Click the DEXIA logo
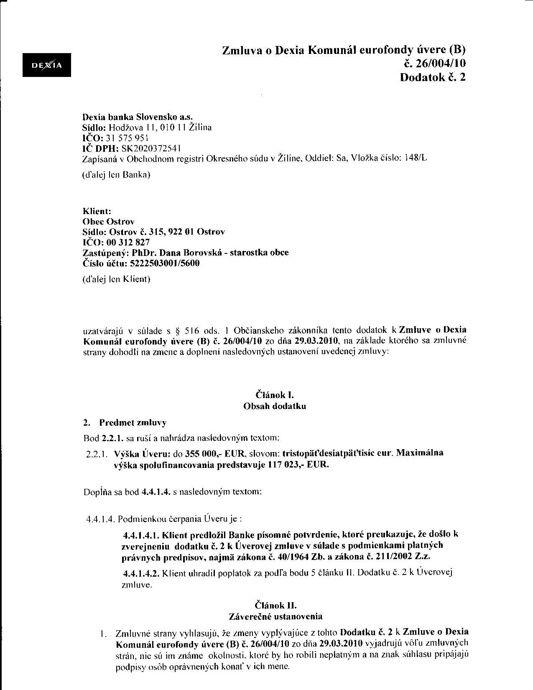(x=47, y=65)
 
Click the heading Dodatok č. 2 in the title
(x=433, y=77)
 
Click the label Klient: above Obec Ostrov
(x=97, y=211)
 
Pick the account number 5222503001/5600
(x=165, y=263)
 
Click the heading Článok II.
(x=275, y=605)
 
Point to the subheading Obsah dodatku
(x=275, y=406)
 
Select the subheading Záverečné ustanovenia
(x=275, y=616)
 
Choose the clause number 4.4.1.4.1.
(x=142, y=534)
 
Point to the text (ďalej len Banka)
(x=116, y=175)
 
